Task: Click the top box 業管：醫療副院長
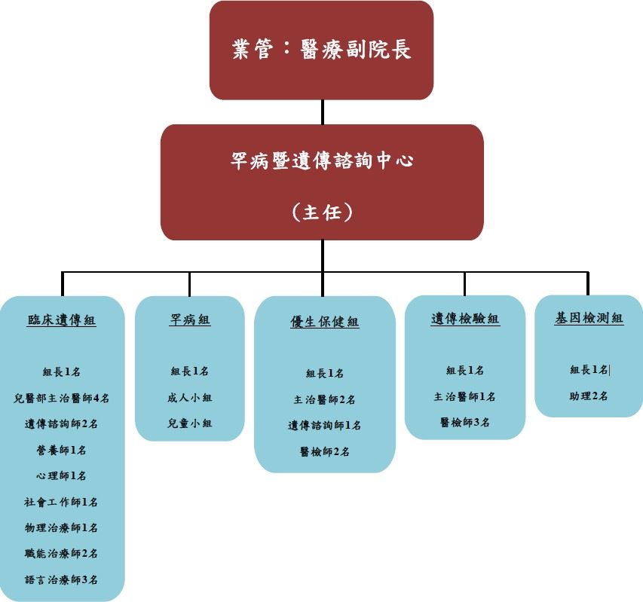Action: tap(322, 50)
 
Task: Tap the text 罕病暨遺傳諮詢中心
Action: tap(322, 160)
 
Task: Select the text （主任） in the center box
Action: tap(322, 212)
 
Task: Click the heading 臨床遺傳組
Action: tap(62, 319)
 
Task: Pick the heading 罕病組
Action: tap(190, 319)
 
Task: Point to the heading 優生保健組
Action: tap(325, 322)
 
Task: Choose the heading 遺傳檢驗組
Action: tap(465, 319)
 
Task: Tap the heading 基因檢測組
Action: tap(589, 318)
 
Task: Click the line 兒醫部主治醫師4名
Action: tap(62, 398)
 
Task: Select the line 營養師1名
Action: tap(62, 450)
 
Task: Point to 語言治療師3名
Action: tap(62, 579)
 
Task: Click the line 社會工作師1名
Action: tap(62, 502)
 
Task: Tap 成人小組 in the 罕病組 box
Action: tap(190, 397)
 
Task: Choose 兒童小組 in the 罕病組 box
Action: tap(190, 423)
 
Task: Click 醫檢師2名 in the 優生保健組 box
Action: tap(325, 451)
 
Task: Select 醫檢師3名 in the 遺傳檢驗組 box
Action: tap(465, 422)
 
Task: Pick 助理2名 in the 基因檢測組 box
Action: tap(589, 396)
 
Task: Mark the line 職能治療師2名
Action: tap(62, 553)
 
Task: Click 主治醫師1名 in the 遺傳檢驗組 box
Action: tap(465, 396)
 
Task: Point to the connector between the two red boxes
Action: tap(323, 112)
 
